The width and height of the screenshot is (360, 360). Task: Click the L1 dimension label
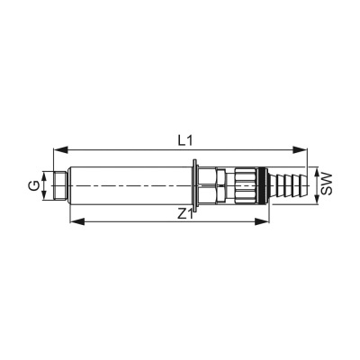[x=184, y=140]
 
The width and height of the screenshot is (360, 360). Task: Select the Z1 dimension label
[x=184, y=214]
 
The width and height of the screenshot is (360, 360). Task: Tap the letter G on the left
[x=34, y=185]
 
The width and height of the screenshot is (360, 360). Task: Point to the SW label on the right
[x=326, y=184]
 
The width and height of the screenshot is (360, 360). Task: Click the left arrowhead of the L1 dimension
[x=61, y=150]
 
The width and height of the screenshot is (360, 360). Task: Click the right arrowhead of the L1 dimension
[x=300, y=150]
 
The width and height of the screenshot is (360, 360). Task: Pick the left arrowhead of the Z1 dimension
[x=77, y=221]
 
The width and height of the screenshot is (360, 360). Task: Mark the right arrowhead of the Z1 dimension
[x=262, y=221]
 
